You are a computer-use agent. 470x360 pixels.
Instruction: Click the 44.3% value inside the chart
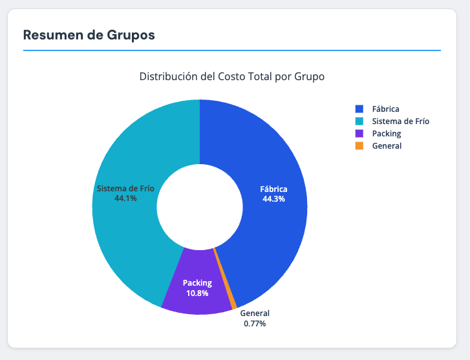pos(273,199)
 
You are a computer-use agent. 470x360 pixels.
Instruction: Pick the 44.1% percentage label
pos(125,198)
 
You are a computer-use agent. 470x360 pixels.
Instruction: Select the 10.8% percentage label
pos(197,293)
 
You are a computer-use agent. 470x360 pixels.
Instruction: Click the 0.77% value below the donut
pos(255,323)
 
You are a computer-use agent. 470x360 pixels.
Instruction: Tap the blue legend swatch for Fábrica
pos(359,109)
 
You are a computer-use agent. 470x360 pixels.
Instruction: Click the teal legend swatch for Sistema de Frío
pos(359,121)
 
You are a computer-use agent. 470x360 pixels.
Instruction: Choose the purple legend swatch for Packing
pos(359,133)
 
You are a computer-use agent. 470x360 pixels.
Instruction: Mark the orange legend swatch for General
pos(359,145)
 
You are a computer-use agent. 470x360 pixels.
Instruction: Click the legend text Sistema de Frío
pos(400,121)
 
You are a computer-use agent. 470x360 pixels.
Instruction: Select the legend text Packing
pos(387,133)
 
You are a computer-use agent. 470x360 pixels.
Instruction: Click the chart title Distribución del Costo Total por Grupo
pos(232,76)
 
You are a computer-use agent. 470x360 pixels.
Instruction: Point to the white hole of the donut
pos(200,207)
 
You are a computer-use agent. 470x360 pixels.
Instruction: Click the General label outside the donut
pos(255,313)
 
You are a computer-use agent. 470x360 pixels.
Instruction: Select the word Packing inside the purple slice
pos(197,283)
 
